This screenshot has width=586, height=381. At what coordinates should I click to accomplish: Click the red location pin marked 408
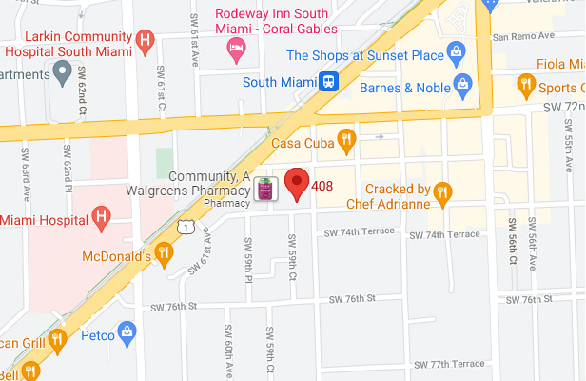click(299, 183)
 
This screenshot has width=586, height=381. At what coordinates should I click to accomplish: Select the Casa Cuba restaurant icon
click(346, 141)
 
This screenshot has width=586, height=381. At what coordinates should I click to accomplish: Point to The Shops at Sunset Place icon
click(457, 50)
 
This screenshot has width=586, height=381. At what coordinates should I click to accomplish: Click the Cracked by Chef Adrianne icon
click(442, 194)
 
